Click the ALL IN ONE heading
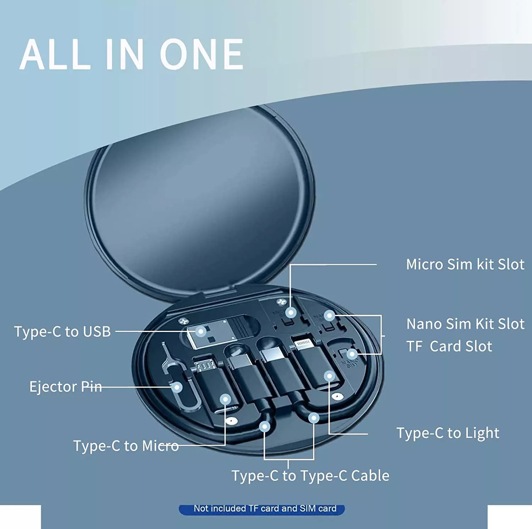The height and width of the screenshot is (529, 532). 132,54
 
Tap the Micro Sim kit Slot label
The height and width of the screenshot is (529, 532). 465,264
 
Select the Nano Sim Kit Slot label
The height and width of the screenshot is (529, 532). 465,324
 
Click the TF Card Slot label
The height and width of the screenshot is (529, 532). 449,346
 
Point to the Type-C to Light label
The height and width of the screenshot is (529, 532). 448,433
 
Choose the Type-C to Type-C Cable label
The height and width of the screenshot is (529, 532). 310,475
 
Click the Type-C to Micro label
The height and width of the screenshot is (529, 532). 126,446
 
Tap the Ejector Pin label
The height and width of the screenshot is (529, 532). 66,386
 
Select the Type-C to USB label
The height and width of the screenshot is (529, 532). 62,332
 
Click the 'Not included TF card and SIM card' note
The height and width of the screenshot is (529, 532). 265,508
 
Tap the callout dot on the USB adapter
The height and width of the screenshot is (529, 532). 201,332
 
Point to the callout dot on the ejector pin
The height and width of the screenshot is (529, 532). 177,387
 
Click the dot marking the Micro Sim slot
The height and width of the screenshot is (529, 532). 291,313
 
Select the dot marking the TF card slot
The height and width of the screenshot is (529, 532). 352,354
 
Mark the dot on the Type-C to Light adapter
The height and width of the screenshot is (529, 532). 329,376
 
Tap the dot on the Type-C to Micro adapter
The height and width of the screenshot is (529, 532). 225,400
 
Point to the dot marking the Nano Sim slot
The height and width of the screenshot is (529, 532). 329,315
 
